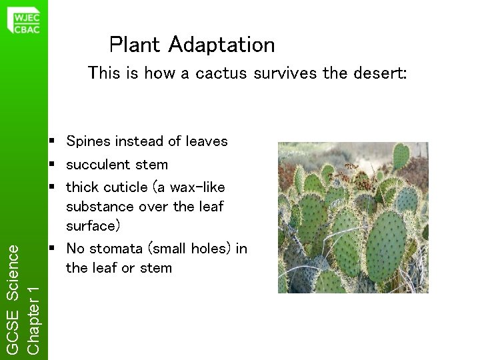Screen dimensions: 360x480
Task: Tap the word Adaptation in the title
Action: coord(221,45)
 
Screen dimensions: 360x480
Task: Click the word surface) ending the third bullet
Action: coord(93,226)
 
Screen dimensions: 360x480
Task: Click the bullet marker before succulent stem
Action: coord(51,164)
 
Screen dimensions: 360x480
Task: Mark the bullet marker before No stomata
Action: coord(51,249)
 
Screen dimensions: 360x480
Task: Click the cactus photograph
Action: coord(353,217)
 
